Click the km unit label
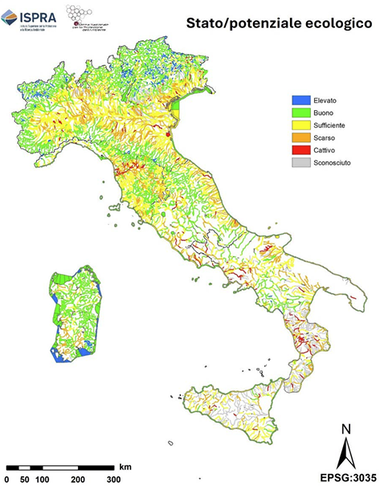(x=125, y=466)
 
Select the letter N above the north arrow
(x=345, y=428)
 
